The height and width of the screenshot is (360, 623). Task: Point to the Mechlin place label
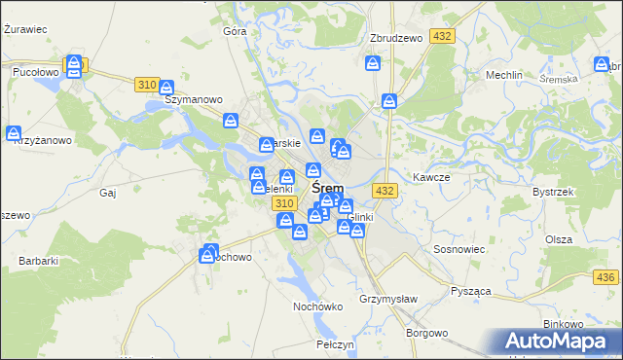point(505,75)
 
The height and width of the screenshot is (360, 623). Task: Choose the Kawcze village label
point(430,178)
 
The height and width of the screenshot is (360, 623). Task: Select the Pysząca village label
point(469,291)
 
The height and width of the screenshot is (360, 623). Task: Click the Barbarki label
point(39,261)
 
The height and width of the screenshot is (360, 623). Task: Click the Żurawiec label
point(26,29)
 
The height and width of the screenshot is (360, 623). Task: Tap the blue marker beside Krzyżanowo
point(14,133)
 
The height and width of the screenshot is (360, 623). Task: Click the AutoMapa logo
point(557,342)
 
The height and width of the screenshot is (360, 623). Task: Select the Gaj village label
point(107,193)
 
